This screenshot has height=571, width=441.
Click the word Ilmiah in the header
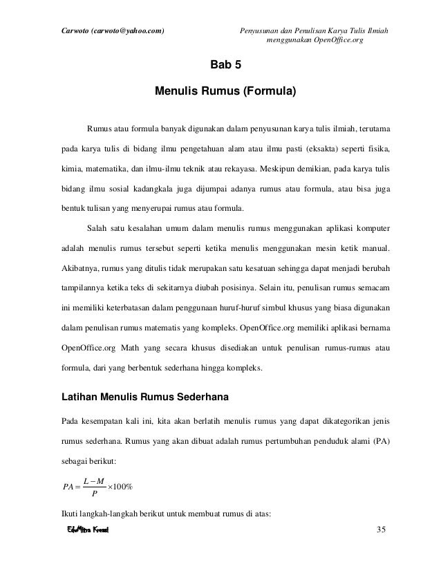coord(373,11)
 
